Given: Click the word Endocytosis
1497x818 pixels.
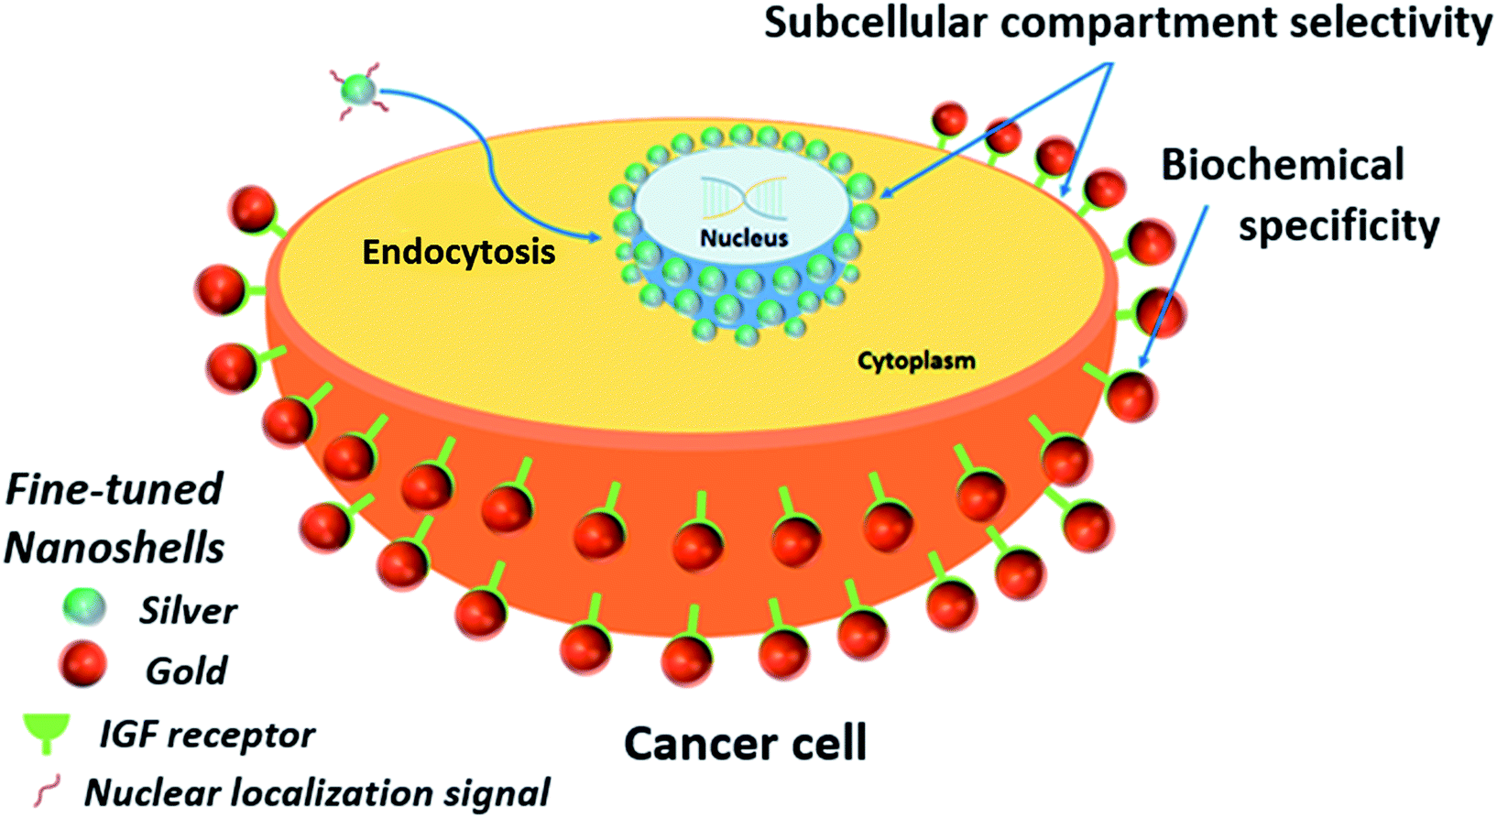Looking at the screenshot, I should point(458,252).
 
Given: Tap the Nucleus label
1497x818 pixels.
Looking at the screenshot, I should point(744,238).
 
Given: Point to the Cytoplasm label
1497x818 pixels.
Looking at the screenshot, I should point(916,361).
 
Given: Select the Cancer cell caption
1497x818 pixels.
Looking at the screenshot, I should point(745,743).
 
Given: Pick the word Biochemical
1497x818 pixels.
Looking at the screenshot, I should point(1283,165).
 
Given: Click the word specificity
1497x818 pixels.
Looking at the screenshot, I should point(1339,226).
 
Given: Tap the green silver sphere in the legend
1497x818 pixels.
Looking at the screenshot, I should point(84,607).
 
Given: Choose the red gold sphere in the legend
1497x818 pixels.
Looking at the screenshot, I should point(83,664).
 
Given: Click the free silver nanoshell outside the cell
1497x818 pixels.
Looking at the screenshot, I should point(359,90).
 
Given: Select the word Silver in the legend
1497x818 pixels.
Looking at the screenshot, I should point(188,611).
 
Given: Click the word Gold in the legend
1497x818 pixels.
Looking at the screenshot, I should point(186,671).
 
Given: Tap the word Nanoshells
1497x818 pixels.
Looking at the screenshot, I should point(115,548).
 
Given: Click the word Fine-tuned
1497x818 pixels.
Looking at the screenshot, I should point(115,489).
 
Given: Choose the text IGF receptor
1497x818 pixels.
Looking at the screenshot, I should point(207,734).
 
